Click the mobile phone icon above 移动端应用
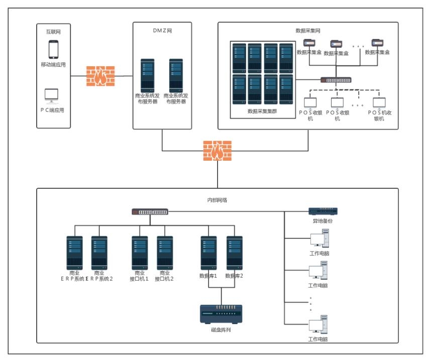53,50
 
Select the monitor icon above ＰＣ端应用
51,95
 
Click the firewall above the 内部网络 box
218,151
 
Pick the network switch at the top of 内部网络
150,212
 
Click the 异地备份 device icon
323,211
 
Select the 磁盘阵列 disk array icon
221,313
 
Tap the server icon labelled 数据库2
234,254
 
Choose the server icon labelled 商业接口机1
139,254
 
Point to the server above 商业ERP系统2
99,254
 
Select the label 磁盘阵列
221,330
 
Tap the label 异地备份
323,221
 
